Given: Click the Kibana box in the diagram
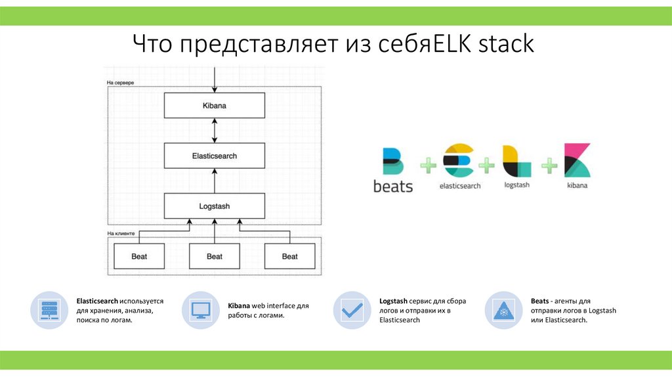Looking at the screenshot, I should [x=215, y=105].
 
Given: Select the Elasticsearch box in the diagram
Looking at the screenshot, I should [x=215, y=156].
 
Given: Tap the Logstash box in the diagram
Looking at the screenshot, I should [x=215, y=206].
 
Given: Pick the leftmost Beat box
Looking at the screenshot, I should [x=139, y=256].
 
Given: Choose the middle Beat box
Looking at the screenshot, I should [x=215, y=256].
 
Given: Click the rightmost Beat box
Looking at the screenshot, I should [x=289, y=256].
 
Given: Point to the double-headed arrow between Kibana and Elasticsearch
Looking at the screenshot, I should [x=215, y=131].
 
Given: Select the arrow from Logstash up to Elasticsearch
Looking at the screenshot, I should [x=215, y=181].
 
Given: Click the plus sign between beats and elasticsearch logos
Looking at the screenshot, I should [x=428, y=166].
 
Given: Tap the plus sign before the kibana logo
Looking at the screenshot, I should [x=549, y=166].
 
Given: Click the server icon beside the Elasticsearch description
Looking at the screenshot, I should [x=49, y=310].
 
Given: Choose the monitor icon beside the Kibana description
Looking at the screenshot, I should [x=200, y=310].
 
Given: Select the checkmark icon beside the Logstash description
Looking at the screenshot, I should [x=352, y=310].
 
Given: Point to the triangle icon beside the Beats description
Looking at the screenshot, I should [x=503, y=310].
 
